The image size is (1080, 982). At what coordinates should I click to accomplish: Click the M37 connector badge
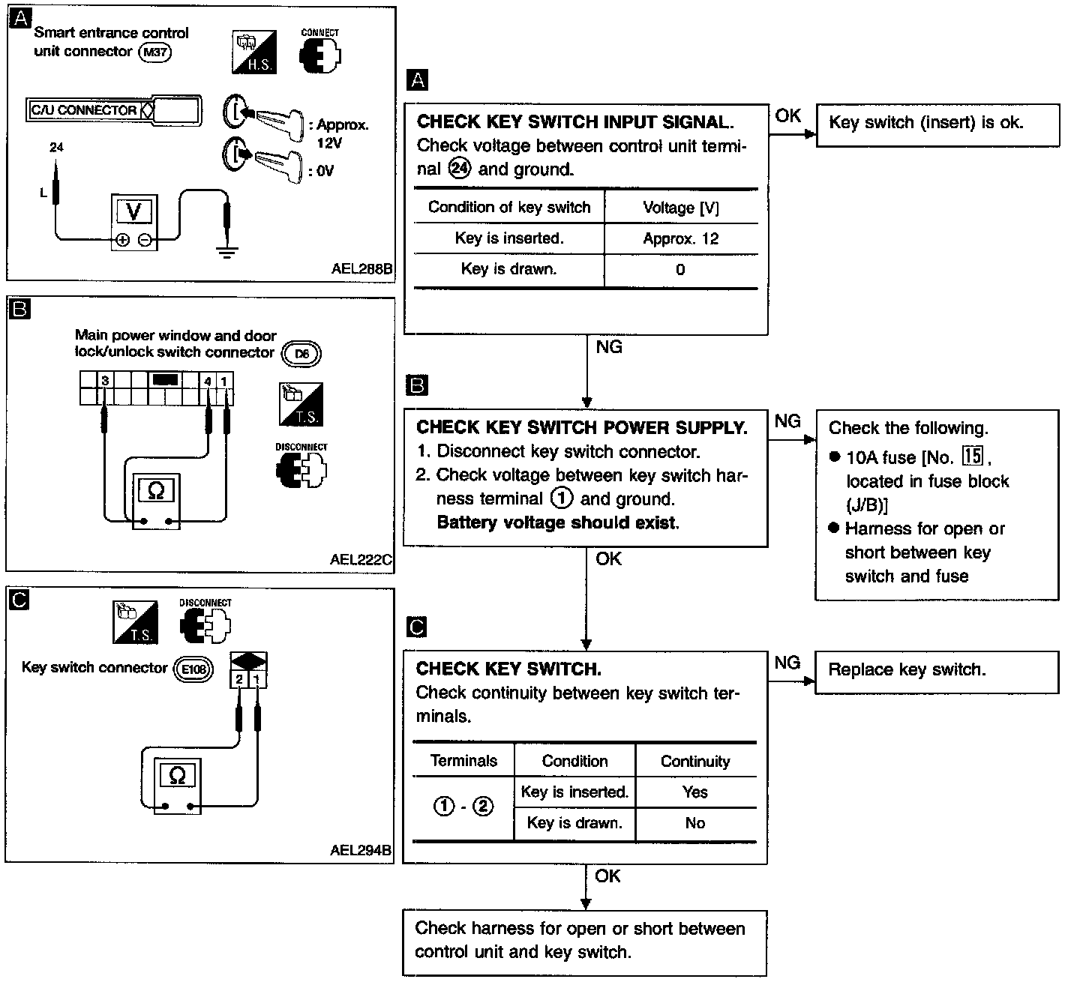coord(155,52)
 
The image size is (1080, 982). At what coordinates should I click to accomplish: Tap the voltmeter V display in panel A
coord(134,211)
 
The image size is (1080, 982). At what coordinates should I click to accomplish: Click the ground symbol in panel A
coord(226,252)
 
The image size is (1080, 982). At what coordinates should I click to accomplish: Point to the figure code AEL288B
coord(361,268)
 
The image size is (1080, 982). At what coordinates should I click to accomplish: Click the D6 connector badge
coord(301,354)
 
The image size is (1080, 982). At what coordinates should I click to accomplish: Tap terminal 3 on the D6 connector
coord(105,380)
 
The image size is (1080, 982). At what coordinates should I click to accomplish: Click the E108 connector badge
coord(193,669)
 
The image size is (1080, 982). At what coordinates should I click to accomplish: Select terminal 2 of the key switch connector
coord(239,679)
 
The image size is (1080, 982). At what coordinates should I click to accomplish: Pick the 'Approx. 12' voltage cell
coord(681,238)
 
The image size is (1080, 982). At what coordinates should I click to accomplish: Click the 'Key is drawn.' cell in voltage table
coord(508,268)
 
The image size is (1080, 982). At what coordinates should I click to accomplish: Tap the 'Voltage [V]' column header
coord(681,208)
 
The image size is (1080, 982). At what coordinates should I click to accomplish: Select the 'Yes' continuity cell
coord(695,792)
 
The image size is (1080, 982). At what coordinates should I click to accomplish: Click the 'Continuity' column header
coord(695,762)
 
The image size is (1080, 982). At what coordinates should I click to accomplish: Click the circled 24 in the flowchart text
coord(459,169)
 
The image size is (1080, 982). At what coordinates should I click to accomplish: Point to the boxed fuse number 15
coord(972,457)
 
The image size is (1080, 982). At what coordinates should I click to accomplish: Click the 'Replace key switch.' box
coord(937,672)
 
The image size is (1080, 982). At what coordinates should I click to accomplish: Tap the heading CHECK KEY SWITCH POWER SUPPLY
coord(582,427)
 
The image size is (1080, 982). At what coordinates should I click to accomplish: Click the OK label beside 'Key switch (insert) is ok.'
coord(787,115)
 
